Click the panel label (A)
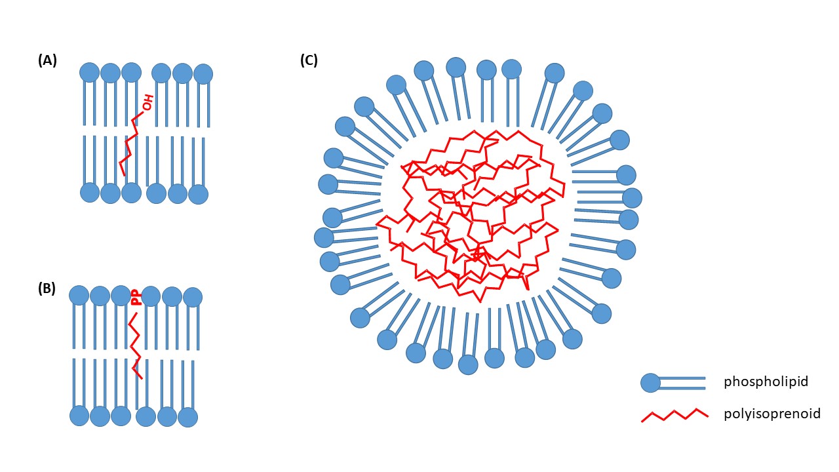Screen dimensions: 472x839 [x=47, y=61]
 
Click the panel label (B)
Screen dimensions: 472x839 [x=47, y=289]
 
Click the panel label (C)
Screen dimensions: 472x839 [x=309, y=61]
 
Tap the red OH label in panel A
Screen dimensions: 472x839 [x=149, y=102]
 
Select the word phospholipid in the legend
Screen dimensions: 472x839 [x=766, y=382]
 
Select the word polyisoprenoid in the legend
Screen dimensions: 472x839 [x=772, y=414]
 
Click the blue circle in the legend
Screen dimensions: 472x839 [x=650, y=383]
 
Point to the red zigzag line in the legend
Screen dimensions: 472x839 [x=674, y=415]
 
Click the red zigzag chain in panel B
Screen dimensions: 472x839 [x=135, y=344]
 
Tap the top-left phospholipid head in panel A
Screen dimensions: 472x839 [x=90, y=72]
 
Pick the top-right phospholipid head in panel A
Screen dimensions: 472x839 [x=203, y=73]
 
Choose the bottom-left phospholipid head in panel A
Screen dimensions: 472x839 [x=90, y=192]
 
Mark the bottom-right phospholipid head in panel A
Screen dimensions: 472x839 [x=198, y=194]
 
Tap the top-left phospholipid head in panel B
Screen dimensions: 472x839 [x=79, y=295]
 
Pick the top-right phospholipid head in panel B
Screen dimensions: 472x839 [x=193, y=297]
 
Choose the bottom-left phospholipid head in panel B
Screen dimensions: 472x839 [x=79, y=416]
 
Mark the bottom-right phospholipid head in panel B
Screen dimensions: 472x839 [x=187, y=417]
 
